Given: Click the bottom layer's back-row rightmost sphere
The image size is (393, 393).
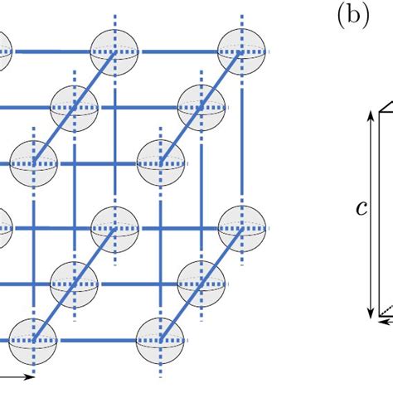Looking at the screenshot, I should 241,227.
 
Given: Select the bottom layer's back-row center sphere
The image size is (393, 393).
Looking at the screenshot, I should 114,227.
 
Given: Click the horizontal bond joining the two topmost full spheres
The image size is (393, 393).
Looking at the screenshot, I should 177,51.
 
